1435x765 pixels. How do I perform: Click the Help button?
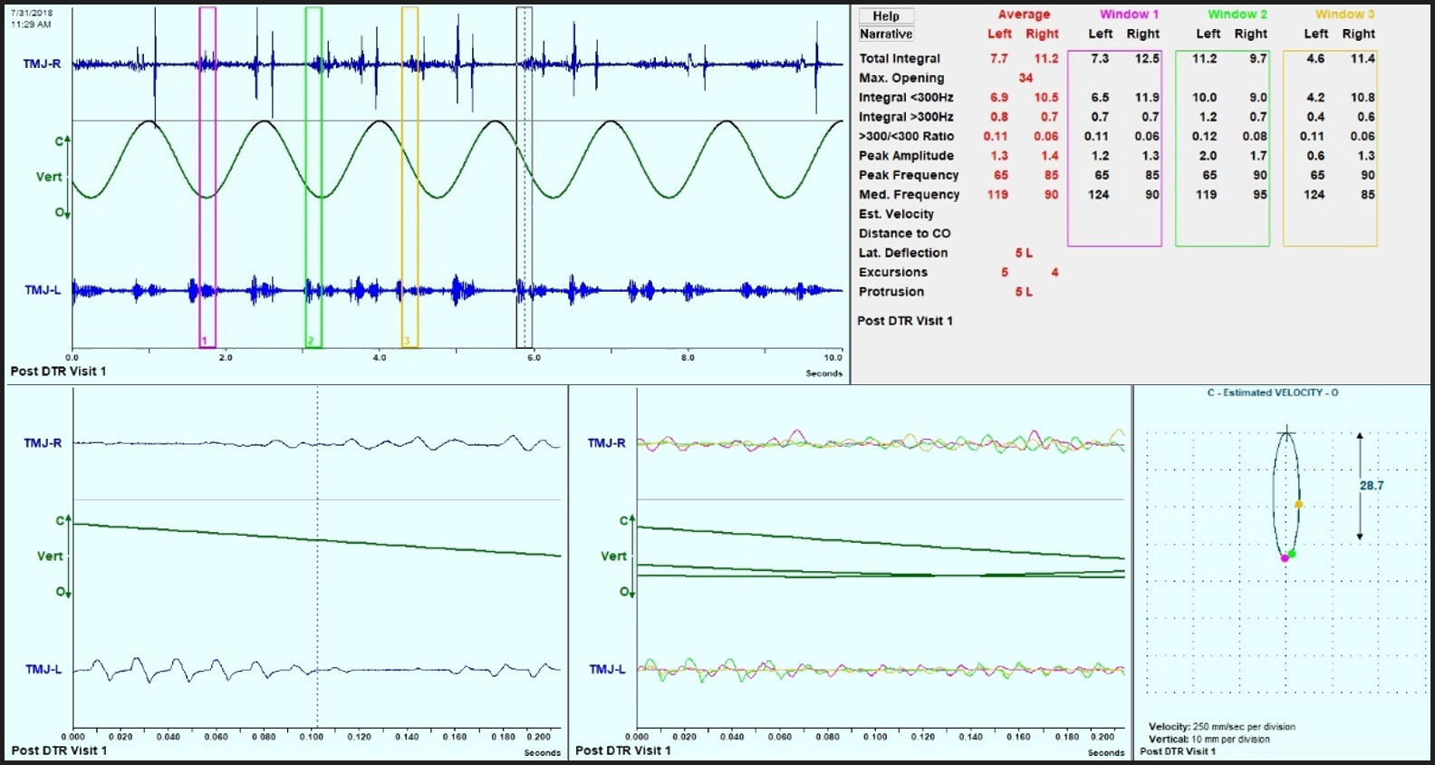[x=886, y=15]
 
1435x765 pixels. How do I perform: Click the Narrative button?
[x=886, y=34]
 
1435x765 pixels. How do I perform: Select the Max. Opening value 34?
[x=1026, y=78]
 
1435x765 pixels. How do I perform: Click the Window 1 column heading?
[x=1129, y=15]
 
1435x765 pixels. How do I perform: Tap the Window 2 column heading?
[x=1237, y=15]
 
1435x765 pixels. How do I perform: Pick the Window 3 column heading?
[x=1344, y=15]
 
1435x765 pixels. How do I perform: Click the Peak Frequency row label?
[x=908, y=175]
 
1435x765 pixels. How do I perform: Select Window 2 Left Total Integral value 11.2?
[x=1204, y=58]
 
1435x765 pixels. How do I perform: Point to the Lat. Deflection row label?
[x=902, y=253]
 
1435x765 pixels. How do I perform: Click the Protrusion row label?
[x=891, y=292]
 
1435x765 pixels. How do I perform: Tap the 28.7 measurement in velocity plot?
[x=1371, y=486]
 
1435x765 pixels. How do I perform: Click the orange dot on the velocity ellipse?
[x=1298, y=504]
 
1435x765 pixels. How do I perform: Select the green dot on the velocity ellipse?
[x=1292, y=554]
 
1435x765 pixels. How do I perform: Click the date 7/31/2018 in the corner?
[x=32, y=13]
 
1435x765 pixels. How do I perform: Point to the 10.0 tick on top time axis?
[x=832, y=358]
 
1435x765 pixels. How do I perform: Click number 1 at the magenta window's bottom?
[x=204, y=342]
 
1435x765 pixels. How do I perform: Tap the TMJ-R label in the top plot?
[x=42, y=64]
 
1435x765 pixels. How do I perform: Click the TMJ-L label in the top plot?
[x=42, y=290]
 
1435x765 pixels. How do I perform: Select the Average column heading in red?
[x=1024, y=15]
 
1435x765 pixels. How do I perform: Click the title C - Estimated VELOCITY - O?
[x=1272, y=392]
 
